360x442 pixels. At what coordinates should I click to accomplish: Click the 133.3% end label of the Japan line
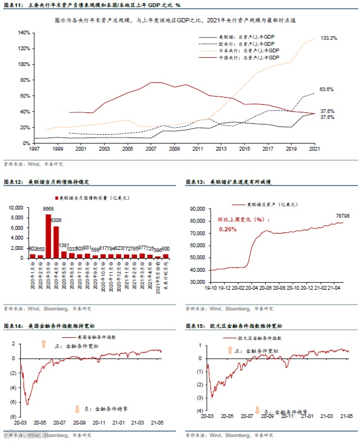coord(328,38)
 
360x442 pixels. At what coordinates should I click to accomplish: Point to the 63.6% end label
coord(327,89)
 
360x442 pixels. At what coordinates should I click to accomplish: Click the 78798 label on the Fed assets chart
coord(341,216)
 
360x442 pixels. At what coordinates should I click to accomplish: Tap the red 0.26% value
coord(228,229)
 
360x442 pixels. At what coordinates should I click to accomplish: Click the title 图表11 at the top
coord(12,5)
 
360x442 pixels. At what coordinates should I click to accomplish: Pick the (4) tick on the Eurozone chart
coord(200,410)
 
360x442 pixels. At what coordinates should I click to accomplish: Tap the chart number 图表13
coord(194,182)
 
